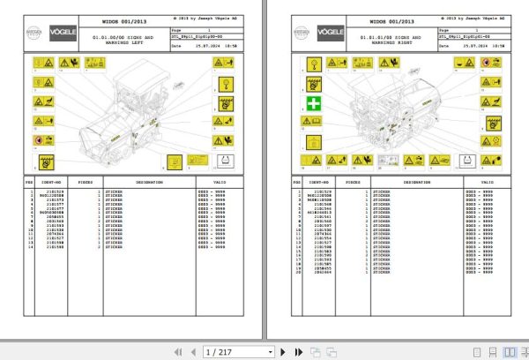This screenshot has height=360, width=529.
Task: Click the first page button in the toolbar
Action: click(179, 351)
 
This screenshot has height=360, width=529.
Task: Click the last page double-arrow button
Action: click(294, 351)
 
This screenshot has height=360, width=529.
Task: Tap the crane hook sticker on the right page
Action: click(313, 64)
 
